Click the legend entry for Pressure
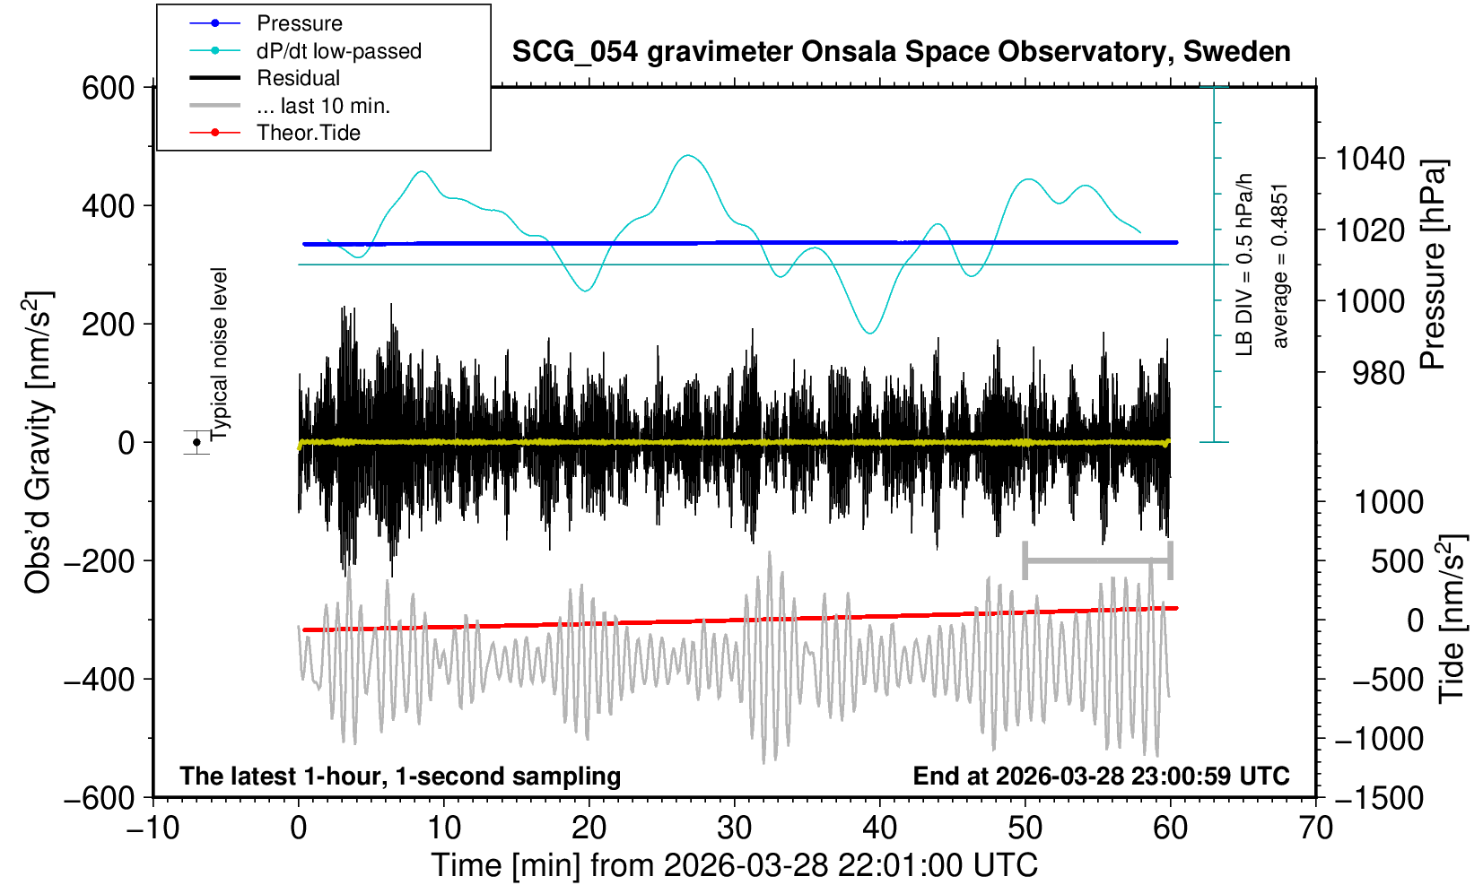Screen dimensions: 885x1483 point(300,23)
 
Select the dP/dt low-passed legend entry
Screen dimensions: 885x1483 point(338,51)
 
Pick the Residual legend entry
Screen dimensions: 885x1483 point(298,78)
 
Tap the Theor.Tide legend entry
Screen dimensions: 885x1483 point(308,133)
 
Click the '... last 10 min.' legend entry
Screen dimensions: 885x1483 point(323,106)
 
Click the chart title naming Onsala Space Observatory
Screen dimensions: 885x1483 point(901,52)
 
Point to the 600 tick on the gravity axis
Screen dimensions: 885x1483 point(108,88)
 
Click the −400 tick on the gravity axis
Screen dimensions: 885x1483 point(99,680)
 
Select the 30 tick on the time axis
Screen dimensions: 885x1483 point(734,827)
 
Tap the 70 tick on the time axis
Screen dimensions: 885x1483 point(1315,827)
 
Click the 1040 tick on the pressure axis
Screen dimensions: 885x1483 point(1370,160)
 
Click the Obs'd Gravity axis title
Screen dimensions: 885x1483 point(38,442)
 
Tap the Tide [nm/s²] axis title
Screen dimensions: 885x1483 point(1452,619)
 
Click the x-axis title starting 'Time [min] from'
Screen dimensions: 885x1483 point(734,865)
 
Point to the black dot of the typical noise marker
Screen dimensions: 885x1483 point(196,442)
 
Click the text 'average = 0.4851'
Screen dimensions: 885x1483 point(1280,265)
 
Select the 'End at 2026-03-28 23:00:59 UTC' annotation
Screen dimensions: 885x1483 point(1101,776)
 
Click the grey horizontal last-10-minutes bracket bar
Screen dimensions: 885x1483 point(1097,561)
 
